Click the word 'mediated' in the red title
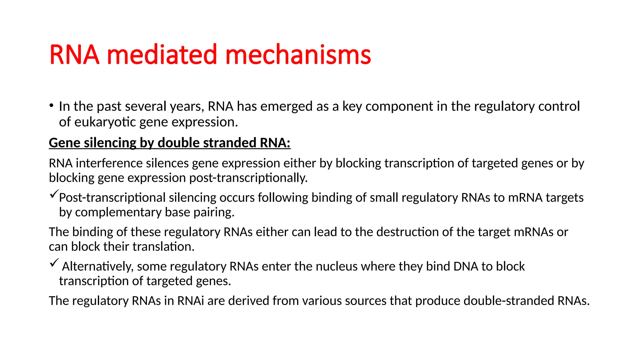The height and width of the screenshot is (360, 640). [162, 55]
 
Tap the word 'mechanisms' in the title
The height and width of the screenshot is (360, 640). [298, 55]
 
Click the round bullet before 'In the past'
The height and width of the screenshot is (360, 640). [51, 106]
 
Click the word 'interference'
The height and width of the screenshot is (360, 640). [109, 163]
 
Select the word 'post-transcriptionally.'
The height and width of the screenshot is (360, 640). [248, 178]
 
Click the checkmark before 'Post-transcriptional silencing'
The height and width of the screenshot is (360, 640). [54, 194]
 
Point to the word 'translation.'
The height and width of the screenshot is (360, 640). [163, 247]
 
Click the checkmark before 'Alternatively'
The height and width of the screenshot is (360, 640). [54, 263]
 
